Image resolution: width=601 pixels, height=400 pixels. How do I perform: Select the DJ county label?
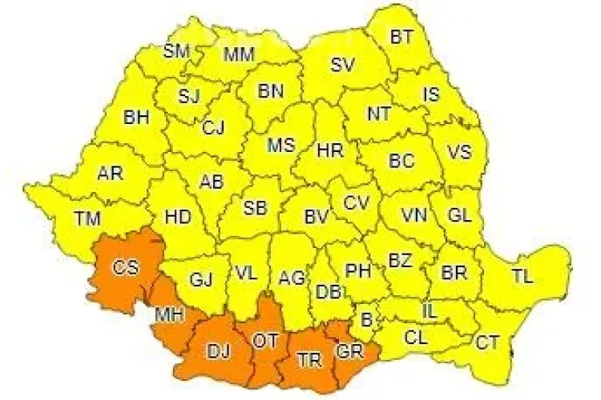click(x=217, y=350)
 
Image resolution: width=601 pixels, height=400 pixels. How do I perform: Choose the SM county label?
click(x=175, y=51)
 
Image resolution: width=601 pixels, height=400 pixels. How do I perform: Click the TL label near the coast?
click(x=522, y=278)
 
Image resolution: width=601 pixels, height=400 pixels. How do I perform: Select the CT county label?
click(x=487, y=343)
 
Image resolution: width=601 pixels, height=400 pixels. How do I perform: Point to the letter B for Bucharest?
click(x=368, y=321)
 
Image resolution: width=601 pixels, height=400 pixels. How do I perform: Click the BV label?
click(x=317, y=216)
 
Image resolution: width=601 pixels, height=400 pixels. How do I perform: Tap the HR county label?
click(x=330, y=150)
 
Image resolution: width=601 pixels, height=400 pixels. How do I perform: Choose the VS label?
click(x=458, y=152)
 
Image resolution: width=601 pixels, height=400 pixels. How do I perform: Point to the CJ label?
click(x=213, y=127)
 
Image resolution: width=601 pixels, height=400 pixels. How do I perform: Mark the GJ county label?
click(x=200, y=280)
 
